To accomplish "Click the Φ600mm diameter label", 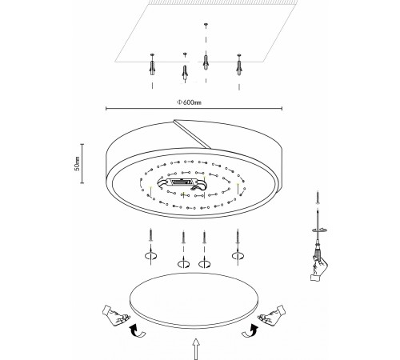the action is pyautogui.click(x=190, y=102).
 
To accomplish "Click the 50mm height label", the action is pyautogui.click(x=77, y=163).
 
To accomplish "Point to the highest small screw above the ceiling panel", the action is pyautogui.click(x=206, y=25).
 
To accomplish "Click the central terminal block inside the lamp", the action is pyautogui.click(x=182, y=183).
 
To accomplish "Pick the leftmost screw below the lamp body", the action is pyautogui.click(x=151, y=235).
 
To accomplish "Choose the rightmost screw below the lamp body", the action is pyautogui.click(x=238, y=236).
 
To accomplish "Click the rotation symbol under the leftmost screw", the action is pyautogui.click(x=150, y=256).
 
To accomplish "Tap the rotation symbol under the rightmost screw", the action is pyautogui.click(x=238, y=256).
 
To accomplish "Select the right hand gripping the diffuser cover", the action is pyautogui.click(x=271, y=315).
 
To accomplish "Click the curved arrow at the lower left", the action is pyautogui.click(x=137, y=331).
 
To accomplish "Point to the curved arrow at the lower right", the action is pyautogui.click(x=250, y=330).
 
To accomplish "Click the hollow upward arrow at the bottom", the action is pyautogui.click(x=196, y=349).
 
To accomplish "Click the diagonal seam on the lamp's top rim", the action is pyautogui.click(x=193, y=134).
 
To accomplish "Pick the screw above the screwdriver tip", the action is pyautogui.click(x=318, y=198).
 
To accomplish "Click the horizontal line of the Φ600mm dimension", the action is pyautogui.click(x=194, y=109).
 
